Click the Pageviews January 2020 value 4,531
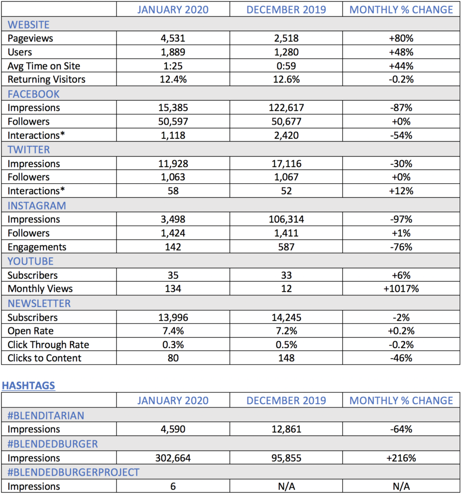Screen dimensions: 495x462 173,38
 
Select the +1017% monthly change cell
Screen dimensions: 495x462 401,289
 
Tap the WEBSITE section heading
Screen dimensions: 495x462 29,24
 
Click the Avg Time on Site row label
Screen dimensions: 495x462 44,66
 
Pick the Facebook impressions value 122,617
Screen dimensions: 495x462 286,108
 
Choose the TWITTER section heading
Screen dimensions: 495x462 29,149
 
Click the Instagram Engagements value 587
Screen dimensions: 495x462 286,247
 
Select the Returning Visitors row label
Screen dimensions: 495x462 46,80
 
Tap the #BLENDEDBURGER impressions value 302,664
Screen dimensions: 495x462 173,458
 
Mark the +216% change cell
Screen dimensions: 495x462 401,458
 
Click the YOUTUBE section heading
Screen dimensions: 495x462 30,261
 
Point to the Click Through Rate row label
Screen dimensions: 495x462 48,345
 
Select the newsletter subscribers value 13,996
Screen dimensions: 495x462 173,317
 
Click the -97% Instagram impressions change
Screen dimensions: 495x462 401,219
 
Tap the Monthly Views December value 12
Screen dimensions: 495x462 286,289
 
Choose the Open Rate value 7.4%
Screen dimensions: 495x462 173,331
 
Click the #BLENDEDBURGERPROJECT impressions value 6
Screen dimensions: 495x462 173,487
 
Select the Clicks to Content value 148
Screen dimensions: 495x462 286,358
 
